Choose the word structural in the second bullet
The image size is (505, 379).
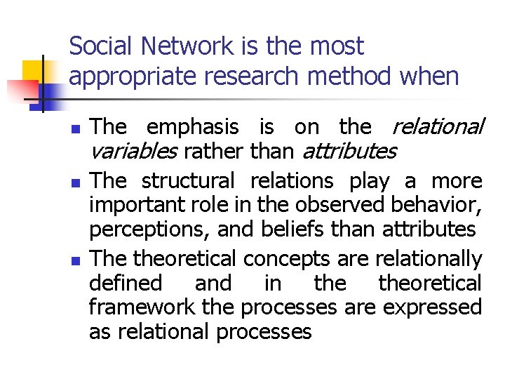pyautogui.click(x=187, y=180)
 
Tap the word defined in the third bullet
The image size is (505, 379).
pyautogui.click(x=126, y=284)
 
